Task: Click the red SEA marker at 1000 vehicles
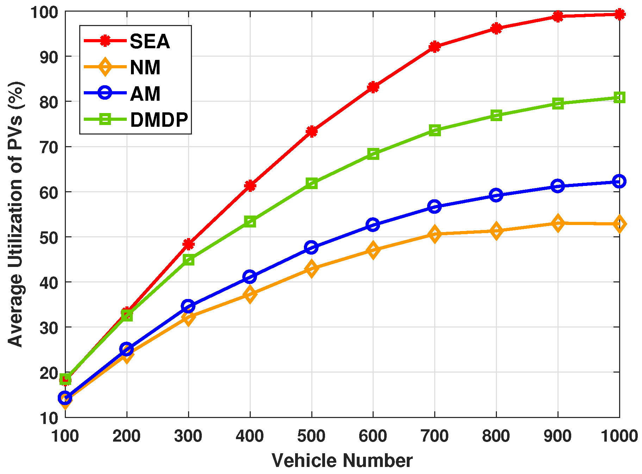point(619,14)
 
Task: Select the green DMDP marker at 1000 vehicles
point(619,98)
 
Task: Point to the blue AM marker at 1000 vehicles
point(619,181)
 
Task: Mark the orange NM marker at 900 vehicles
point(557,223)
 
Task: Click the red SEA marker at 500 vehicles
point(311,131)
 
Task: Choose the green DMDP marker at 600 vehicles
point(373,154)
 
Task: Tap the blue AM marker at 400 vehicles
point(250,277)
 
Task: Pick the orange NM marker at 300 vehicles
point(188,318)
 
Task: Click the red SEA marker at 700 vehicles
point(435,46)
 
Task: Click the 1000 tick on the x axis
point(619,436)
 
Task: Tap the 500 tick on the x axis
point(311,436)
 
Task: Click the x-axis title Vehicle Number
point(342,461)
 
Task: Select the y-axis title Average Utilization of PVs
point(15,214)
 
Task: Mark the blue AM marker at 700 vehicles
point(435,206)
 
